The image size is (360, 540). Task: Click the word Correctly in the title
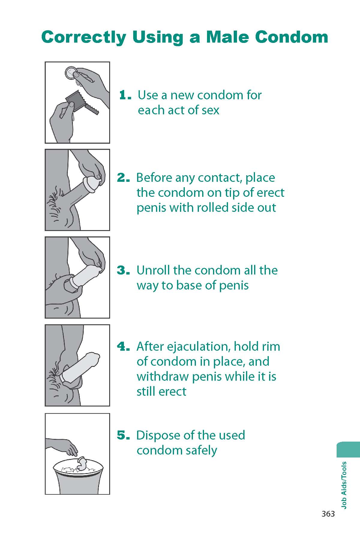click(84, 37)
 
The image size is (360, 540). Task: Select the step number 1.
click(125, 95)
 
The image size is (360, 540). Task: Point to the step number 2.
click(123, 178)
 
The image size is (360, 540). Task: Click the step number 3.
click(123, 270)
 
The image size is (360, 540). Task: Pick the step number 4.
click(123, 346)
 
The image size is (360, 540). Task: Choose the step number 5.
click(123, 435)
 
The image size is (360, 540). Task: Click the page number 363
click(328, 514)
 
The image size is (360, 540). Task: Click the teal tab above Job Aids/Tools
click(349, 449)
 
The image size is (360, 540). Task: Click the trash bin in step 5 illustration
click(78, 478)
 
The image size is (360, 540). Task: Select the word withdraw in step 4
click(162, 376)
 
